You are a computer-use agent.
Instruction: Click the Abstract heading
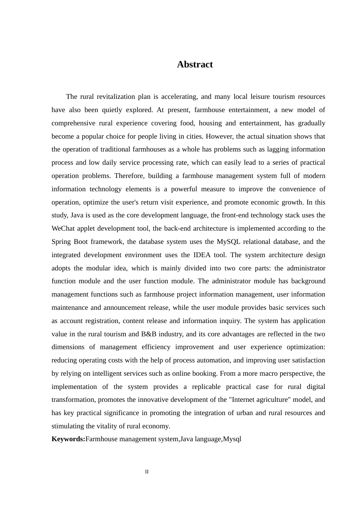coord(195,64)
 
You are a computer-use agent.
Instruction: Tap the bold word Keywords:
coord(68,439)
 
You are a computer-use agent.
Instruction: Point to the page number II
coord(147,472)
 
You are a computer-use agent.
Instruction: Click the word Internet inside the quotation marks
coord(244,400)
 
